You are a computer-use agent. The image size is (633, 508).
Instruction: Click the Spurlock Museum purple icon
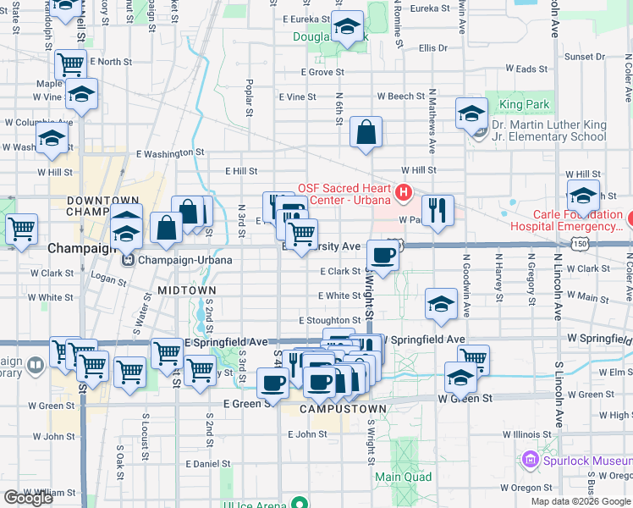pos(531,460)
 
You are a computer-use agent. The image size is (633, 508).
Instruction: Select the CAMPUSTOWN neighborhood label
pos(344,408)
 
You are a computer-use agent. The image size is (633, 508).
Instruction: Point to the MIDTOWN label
pos(186,290)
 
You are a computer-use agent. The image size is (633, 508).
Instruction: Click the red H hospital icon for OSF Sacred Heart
pos(403,194)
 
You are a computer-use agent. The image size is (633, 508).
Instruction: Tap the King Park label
pos(524,105)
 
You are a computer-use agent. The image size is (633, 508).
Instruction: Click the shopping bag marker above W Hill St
pos(366,133)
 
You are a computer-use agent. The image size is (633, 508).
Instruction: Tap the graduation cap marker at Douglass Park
pos(346,28)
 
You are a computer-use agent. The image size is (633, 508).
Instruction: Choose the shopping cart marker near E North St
pos(70,64)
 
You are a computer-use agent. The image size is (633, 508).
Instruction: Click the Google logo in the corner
pos(27,498)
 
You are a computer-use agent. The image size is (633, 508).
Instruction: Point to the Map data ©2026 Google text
pos(581,501)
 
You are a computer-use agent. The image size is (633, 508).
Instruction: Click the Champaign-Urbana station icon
pos(129,259)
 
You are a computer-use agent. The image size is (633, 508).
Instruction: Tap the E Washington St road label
pos(170,154)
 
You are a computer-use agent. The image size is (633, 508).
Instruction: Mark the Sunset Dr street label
pos(585,57)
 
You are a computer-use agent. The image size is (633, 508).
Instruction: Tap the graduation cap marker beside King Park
pos(471,113)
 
